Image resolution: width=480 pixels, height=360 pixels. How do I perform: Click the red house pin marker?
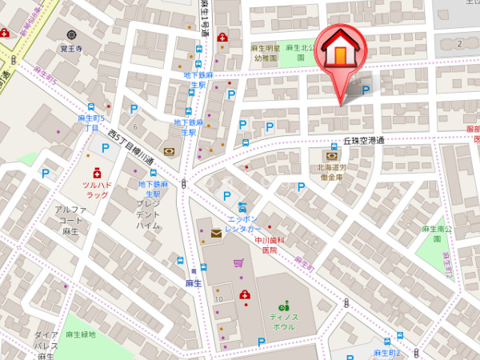click(x=340, y=53)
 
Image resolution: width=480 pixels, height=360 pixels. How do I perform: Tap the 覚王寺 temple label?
click(x=71, y=47)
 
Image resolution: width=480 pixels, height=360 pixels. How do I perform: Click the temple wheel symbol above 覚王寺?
click(x=71, y=34)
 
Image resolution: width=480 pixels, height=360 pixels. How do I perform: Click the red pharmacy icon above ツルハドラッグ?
click(x=96, y=172)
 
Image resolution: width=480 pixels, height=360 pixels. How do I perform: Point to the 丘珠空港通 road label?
click(x=364, y=140)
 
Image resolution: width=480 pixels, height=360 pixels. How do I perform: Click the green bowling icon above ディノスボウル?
click(x=284, y=305)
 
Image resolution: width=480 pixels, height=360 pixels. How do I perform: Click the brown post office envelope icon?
click(x=217, y=233)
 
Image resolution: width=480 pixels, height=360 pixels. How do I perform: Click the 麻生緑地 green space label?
click(x=81, y=334)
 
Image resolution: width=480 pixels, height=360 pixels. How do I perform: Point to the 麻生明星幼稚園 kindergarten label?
click(x=264, y=53)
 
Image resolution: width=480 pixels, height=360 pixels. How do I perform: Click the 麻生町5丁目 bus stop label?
click(x=88, y=123)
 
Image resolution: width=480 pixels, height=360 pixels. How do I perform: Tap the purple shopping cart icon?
click(x=238, y=262)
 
